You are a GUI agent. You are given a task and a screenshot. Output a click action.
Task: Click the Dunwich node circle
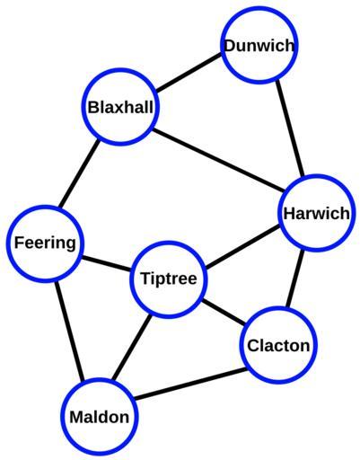(x=259, y=46)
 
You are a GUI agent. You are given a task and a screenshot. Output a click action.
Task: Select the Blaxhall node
(x=120, y=107)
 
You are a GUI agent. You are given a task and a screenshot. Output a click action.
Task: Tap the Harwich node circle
(x=317, y=213)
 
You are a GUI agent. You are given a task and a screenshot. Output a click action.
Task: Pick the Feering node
(x=45, y=243)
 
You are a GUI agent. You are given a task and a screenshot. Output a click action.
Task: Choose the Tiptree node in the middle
(x=169, y=279)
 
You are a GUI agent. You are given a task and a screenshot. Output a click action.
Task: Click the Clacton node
(x=279, y=345)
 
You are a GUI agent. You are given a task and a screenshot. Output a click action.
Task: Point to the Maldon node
(x=100, y=417)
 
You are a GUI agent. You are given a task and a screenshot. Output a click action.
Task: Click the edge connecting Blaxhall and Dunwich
(x=189, y=73)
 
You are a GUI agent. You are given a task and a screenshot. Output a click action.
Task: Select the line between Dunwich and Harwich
(x=290, y=128)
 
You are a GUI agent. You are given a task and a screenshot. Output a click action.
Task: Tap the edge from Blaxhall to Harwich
(x=219, y=161)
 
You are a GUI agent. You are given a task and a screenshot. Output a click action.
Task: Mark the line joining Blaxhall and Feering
(x=79, y=173)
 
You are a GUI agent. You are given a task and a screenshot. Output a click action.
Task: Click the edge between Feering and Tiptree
(x=107, y=264)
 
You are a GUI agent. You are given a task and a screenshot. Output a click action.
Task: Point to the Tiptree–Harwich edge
(x=243, y=247)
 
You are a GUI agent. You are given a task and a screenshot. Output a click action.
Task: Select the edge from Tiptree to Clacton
(x=224, y=312)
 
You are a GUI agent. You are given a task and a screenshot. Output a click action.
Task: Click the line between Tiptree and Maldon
(x=132, y=348)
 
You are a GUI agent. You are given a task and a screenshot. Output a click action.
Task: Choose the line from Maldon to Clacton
(x=190, y=384)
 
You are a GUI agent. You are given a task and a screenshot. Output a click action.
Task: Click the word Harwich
(x=317, y=214)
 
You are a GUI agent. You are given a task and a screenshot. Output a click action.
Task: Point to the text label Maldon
(x=100, y=417)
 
